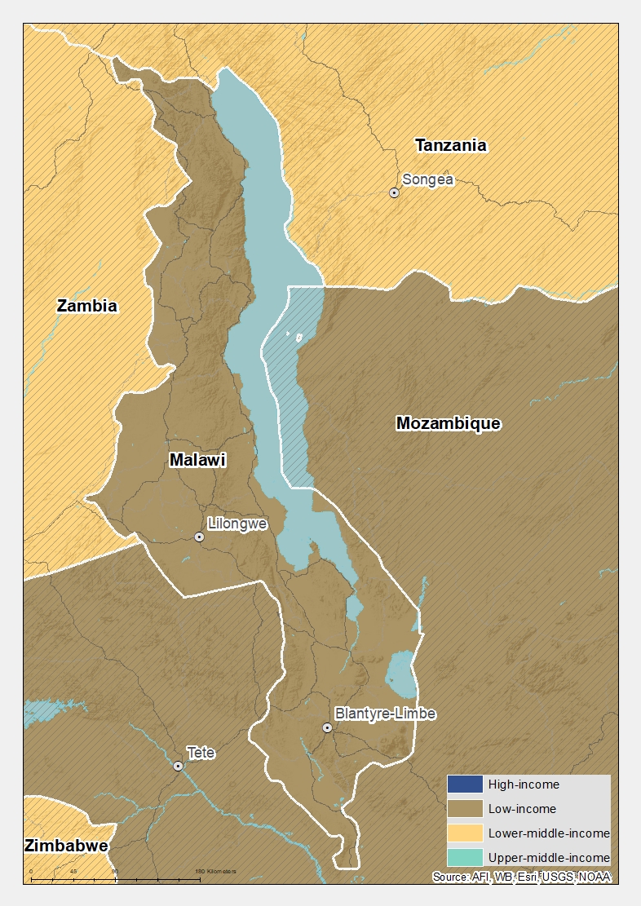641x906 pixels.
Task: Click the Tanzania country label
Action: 451,145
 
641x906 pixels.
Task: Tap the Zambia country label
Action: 87,306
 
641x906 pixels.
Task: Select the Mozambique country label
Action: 448,422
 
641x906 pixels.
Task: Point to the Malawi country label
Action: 197,460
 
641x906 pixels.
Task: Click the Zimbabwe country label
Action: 67,845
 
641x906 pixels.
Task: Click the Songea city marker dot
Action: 394,193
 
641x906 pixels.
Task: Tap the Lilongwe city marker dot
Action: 199,537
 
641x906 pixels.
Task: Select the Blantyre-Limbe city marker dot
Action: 327,727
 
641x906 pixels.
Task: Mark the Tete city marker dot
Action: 178,766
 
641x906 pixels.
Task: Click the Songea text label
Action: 428,179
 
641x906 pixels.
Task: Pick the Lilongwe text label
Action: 237,524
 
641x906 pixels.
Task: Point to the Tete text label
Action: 201,753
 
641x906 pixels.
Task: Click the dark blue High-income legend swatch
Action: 464,784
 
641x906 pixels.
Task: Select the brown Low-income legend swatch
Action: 464,809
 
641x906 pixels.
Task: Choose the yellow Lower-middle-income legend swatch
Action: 464,833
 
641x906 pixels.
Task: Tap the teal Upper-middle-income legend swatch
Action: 464,857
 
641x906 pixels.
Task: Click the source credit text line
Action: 522,877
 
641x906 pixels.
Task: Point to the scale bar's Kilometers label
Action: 216,871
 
